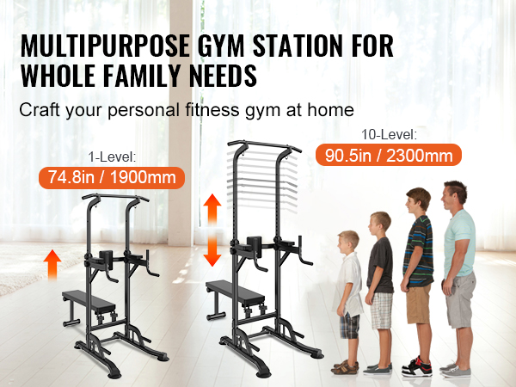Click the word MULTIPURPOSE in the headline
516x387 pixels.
[x=105, y=46]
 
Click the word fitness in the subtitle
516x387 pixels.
[x=212, y=109]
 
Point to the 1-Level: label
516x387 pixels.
[x=112, y=157]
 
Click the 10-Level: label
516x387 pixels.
[x=389, y=135]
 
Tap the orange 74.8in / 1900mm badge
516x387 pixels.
[x=112, y=178]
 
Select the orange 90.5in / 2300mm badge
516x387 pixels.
[x=389, y=155]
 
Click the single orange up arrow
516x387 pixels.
[x=52, y=265]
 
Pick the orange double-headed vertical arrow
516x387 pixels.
[x=212, y=230]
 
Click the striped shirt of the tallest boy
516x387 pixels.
[x=419, y=251]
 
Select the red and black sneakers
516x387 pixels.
[x=416, y=366]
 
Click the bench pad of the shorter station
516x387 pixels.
[x=89, y=301]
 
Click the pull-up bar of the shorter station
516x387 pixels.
[x=115, y=197]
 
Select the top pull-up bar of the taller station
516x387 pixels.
[x=265, y=144]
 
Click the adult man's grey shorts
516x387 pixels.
[x=461, y=299]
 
